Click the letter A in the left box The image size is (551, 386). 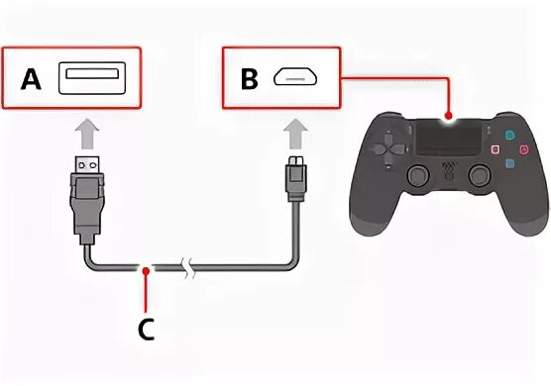coord(32,79)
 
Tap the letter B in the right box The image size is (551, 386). coord(249,79)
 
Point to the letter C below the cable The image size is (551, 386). coord(146,331)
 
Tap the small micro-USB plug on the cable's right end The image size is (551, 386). coord(294,178)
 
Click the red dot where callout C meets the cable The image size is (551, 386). coord(146,267)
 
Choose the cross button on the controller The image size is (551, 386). coord(510,163)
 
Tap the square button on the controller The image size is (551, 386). coord(496,149)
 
